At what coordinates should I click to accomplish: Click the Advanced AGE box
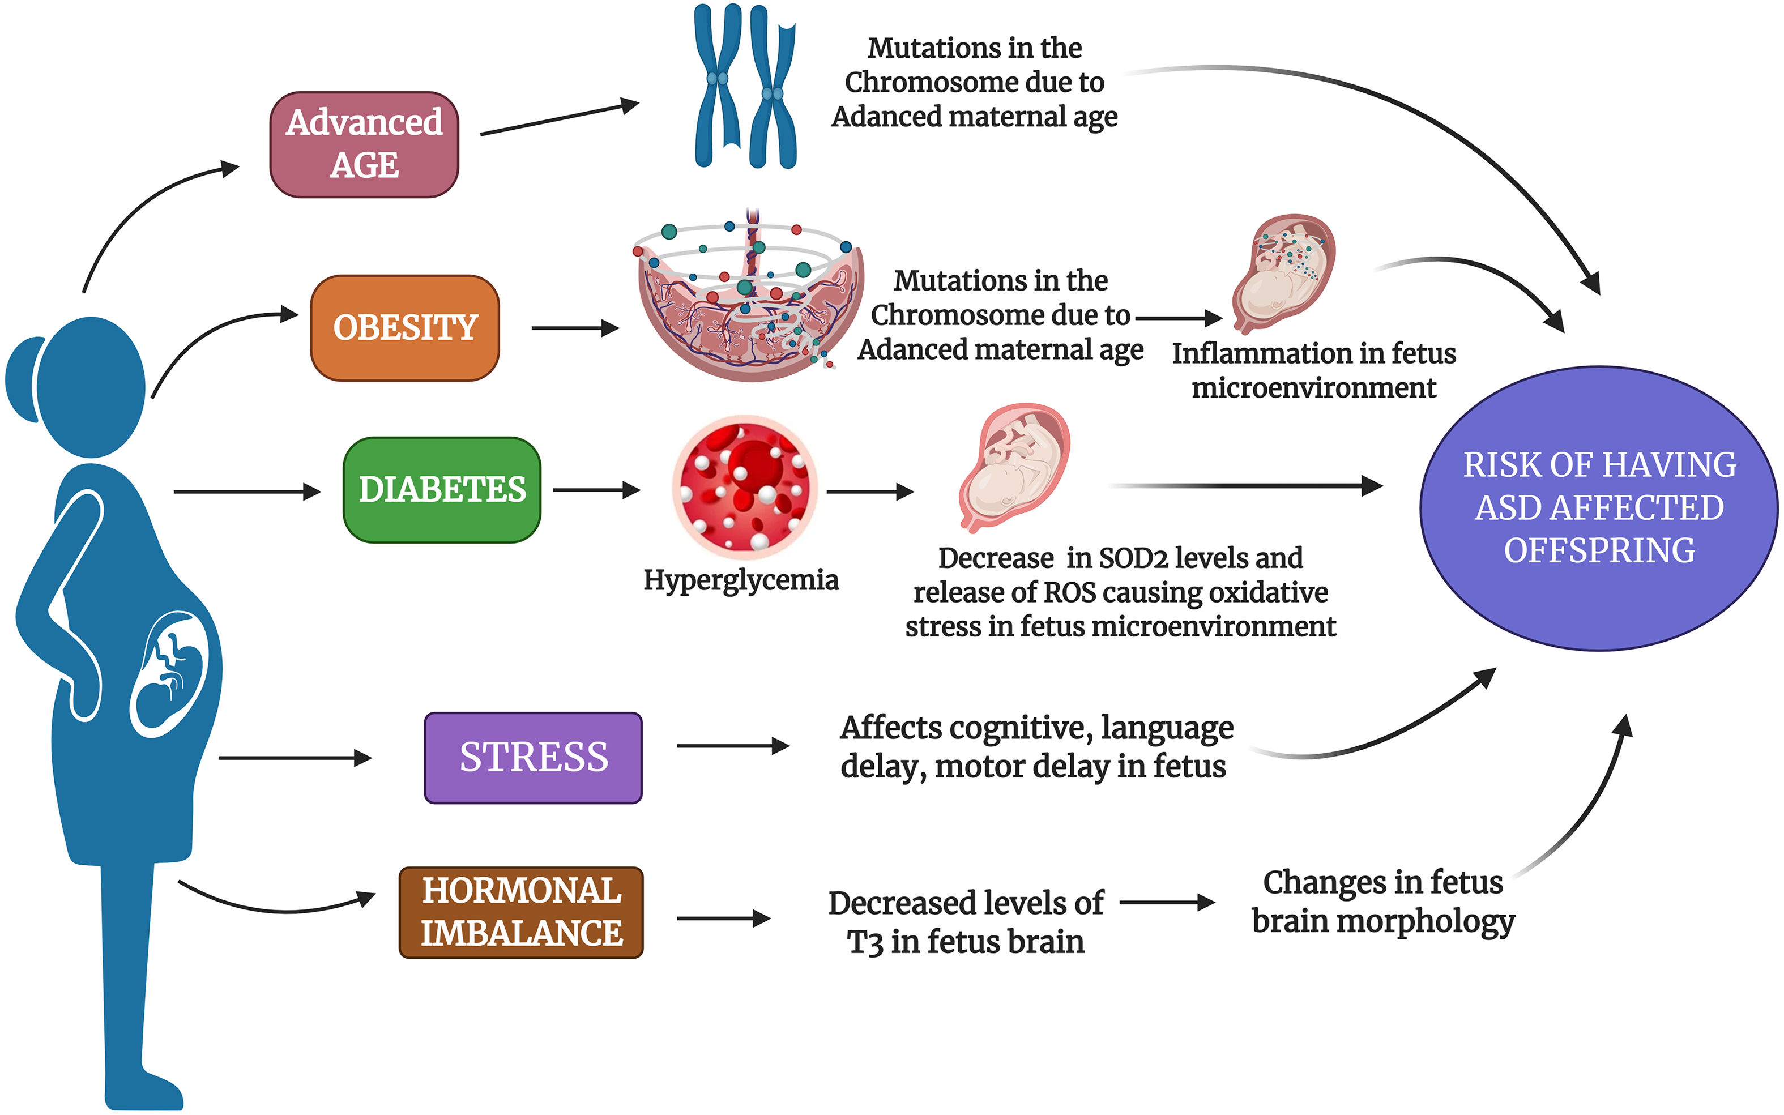[364, 144]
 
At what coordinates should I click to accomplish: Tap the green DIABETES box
[442, 490]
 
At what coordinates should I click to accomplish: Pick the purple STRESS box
[533, 757]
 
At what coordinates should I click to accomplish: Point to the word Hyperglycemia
[740, 580]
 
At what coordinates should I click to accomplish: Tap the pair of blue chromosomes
[745, 86]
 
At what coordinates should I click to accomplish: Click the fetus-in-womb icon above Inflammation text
[1283, 273]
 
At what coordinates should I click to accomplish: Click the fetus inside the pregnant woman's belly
[172, 673]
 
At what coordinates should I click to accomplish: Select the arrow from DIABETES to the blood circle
[596, 490]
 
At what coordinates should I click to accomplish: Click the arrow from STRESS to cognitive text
[732, 746]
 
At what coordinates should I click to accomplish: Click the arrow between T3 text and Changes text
[1167, 902]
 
